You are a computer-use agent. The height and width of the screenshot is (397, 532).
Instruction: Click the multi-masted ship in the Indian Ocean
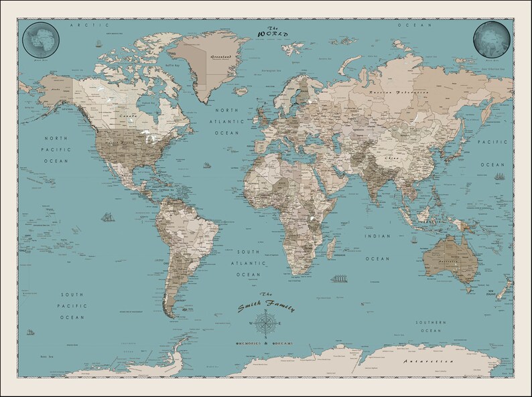coord(338,278)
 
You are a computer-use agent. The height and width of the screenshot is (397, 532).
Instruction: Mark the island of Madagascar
coord(333,247)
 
